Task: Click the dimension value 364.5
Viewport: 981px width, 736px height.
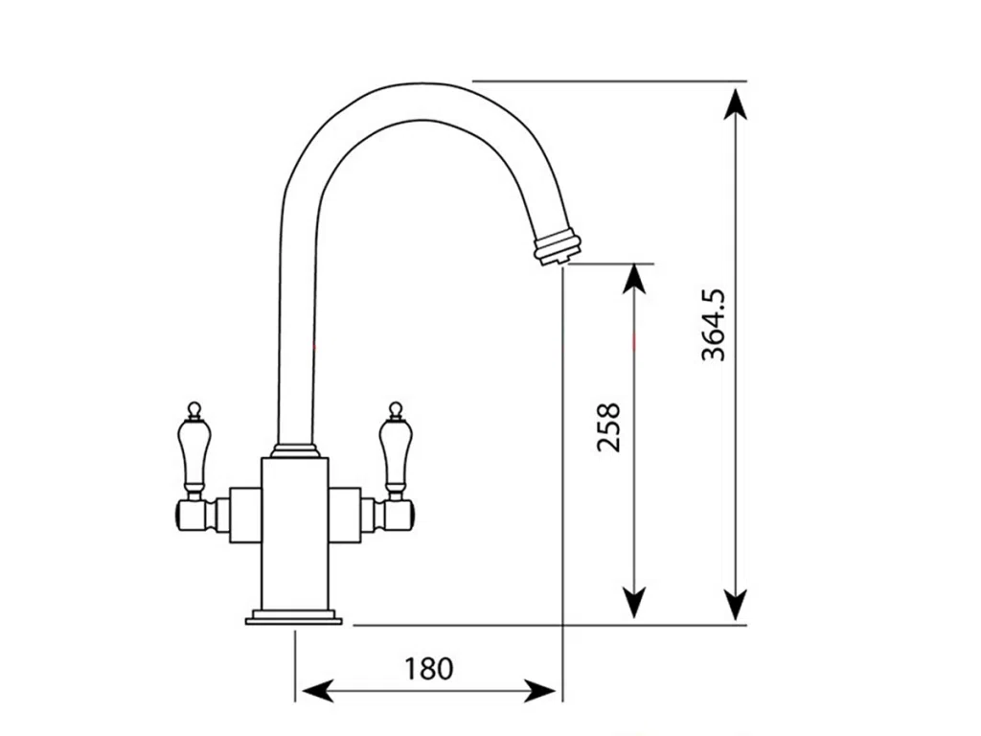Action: (x=714, y=325)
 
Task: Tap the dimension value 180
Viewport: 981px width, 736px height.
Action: (x=428, y=668)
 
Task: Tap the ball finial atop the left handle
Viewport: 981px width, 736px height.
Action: (x=194, y=409)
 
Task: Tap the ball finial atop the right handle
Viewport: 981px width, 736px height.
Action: (x=394, y=409)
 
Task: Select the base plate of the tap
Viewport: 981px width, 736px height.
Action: (x=294, y=617)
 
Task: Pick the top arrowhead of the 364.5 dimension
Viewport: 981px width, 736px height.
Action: (x=735, y=100)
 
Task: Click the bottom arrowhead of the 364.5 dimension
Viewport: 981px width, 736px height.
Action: (x=735, y=606)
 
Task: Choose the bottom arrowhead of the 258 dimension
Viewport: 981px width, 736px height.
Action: (x=634, y=604)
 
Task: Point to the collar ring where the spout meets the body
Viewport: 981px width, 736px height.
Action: (x=295, y=449)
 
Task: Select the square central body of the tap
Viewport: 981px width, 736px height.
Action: (x=295, y=532)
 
